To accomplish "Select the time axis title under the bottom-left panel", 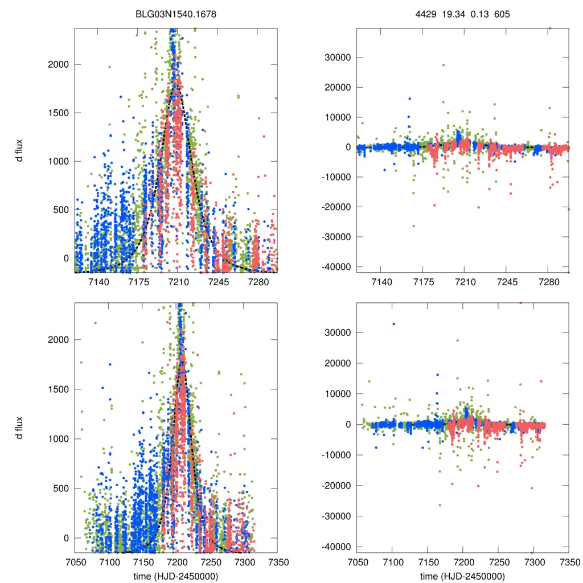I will [x=176, y=576].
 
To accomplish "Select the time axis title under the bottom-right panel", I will [x=463, y=576].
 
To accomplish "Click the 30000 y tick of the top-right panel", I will [x=335, y=58].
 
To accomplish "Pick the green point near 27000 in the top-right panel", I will [x=444, y=65].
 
